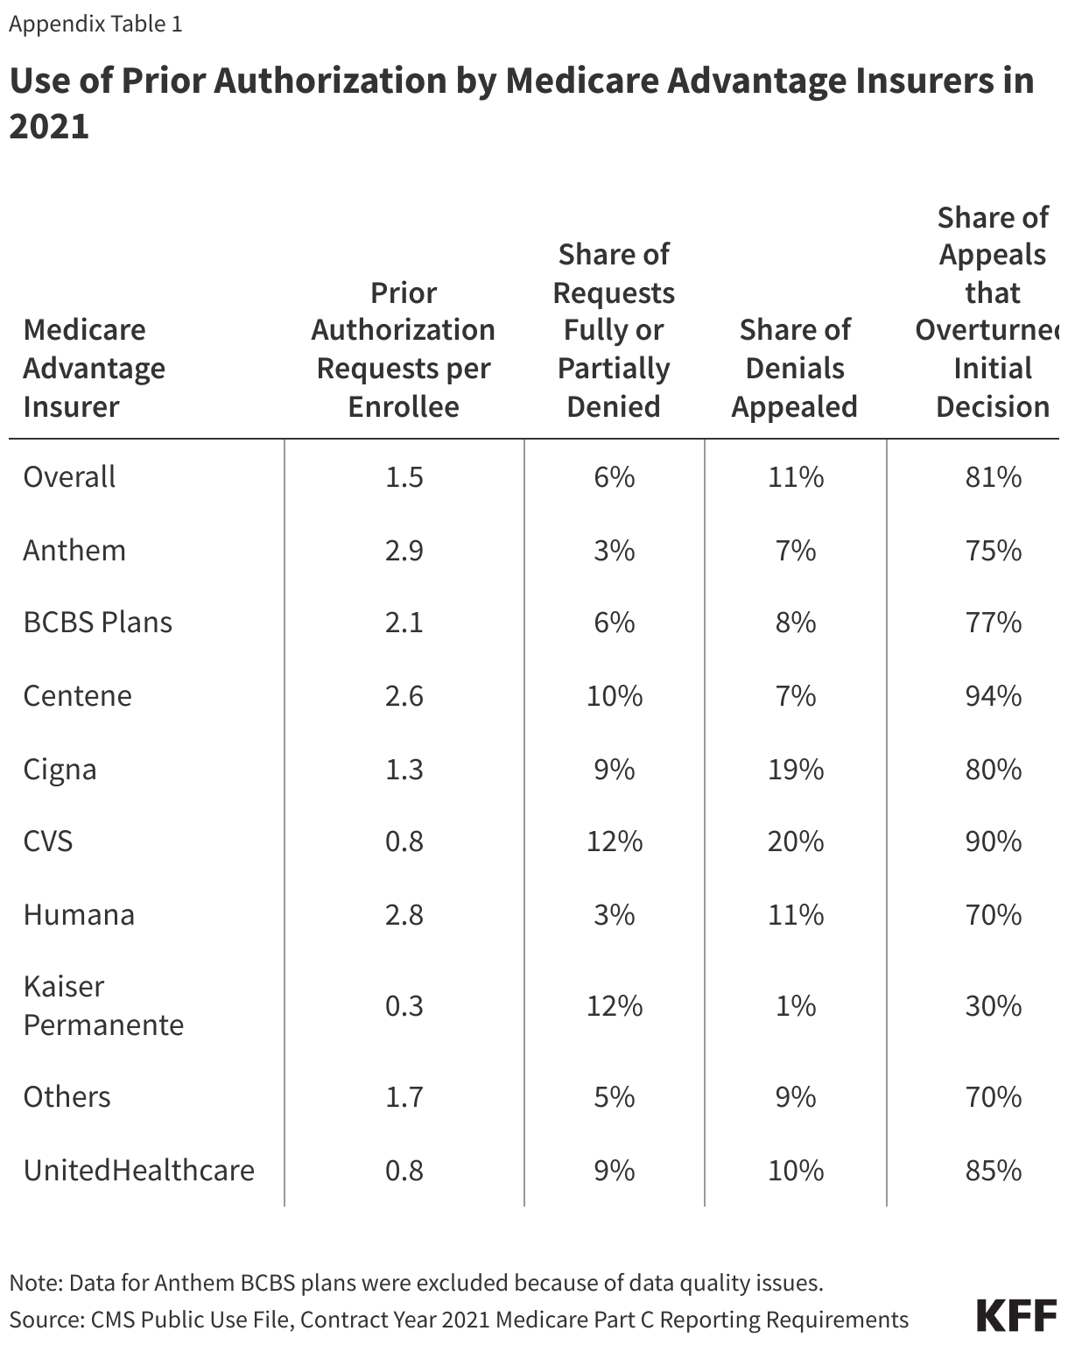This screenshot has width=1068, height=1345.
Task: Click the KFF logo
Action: tap(1016, 1316)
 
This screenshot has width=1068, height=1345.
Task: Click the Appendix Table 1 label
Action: tap(95, 24)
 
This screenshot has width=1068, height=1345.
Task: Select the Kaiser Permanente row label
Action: tap(103, 1005)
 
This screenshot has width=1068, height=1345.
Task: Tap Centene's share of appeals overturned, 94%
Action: tap(993, 696)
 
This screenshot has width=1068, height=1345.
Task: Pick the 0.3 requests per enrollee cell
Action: tap(404, 1005)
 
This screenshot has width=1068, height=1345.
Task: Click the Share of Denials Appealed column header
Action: tap(794, 368)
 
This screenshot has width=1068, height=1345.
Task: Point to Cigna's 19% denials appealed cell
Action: tap(795, 770)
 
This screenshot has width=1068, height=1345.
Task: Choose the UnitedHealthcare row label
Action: tap(138, 1170)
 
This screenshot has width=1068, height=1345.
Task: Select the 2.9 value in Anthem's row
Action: tap(404, 551)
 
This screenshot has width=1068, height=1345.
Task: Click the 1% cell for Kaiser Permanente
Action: tap(795, 1005)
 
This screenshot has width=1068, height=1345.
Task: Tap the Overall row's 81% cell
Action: tap(993, 477)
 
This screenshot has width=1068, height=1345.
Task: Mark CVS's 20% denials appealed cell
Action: tap(795, 842)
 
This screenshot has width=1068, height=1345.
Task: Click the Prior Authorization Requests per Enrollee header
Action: tap(404, 349)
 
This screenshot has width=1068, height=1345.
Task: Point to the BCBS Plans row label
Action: tap(97, 623)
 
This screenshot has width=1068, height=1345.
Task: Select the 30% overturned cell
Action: tap(993, 1005)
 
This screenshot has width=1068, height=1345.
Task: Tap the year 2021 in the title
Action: tap(49, 127)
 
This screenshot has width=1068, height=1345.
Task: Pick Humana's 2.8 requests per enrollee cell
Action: tap(404, 915)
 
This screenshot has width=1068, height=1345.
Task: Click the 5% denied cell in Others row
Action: tap(614, 1097)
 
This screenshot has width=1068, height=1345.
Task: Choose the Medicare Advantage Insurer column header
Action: tap(94, 368)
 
